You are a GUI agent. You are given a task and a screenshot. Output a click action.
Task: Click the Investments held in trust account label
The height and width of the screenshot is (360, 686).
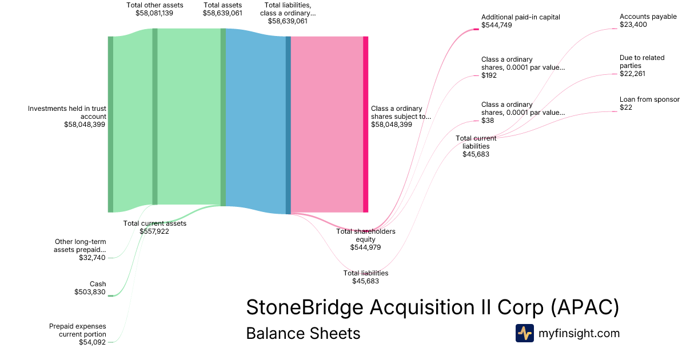click(x=67, y=112)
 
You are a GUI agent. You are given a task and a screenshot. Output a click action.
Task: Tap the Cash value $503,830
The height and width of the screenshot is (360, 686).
click(x=90, y=292)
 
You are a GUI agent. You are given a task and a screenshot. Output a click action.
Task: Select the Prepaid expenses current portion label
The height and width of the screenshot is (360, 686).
click(x=77, y=330)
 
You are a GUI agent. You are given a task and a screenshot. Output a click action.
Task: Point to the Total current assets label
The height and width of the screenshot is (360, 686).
click(x=154, y=223)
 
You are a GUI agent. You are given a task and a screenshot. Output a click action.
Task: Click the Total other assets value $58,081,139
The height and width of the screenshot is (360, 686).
click(x=154, y=13)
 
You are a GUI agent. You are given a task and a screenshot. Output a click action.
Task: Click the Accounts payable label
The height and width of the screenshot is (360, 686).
click(x=648, y=17)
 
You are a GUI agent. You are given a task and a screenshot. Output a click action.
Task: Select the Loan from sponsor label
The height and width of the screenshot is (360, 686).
click(x=647, y=99)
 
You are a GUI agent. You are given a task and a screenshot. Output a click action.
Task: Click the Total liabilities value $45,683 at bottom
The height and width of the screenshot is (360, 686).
click(x=365, y=281)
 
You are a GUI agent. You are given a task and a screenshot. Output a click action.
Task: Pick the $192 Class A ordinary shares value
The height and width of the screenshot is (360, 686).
click(x=489, y=75)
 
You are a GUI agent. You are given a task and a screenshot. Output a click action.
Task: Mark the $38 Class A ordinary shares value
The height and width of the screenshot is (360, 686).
click(x=487, y=121)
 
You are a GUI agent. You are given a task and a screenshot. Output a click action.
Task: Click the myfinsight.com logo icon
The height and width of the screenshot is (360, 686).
click(x=524, y=333)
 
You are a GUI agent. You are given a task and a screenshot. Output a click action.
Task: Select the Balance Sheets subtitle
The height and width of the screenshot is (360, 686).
click(x=303, y=333)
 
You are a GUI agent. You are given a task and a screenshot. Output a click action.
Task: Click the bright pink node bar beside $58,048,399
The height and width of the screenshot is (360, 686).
click(x=365, y=124)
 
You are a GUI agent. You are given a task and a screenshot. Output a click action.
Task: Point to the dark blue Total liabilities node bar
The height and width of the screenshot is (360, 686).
click(x=288, y=125)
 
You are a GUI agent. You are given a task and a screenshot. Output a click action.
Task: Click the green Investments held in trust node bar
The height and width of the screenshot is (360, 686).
click(x=110, y=124)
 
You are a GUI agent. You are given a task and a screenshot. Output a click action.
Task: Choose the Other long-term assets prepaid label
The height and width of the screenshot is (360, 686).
click(x=80, y=246)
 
